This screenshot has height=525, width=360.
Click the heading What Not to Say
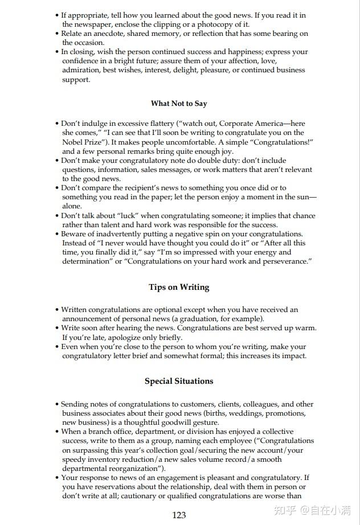pos(179,104)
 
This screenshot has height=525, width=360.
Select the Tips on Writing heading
pos(179,287)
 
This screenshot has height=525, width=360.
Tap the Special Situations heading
pos(179,381)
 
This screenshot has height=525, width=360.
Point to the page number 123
pos(179,515)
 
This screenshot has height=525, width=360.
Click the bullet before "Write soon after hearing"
pos(58,329)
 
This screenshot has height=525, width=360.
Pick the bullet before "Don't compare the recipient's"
pos(58,188)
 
